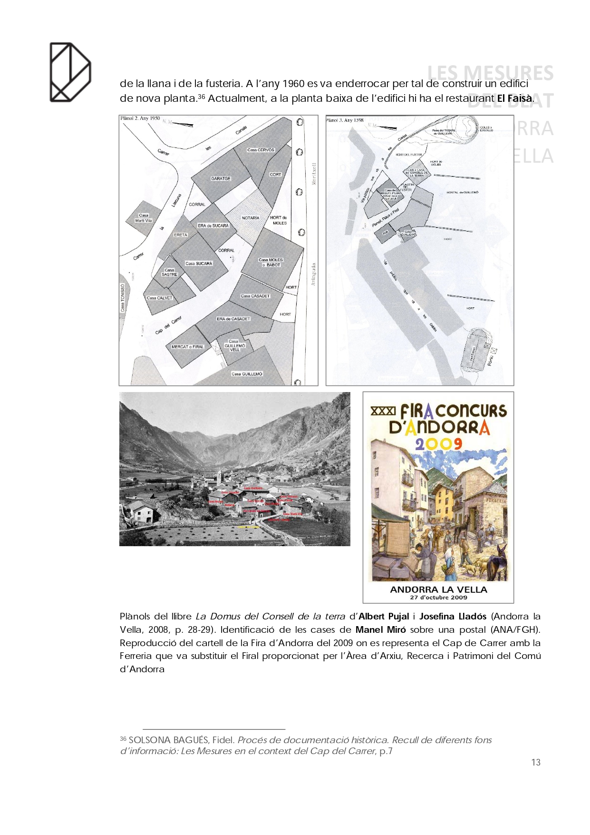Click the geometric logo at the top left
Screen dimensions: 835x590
click(x=70, y=72)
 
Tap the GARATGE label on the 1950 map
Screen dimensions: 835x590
click(x=221, y=178)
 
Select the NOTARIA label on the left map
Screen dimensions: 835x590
click(x=251, y=218)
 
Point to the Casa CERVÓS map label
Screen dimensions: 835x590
click(x=261, y=150)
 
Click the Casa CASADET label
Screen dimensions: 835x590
click(x=255, y=296)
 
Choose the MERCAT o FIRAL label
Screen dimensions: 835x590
click(x=187, y=347)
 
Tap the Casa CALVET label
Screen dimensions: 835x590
click(x=159, y=298)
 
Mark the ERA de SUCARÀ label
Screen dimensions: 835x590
click(x=213, y=226)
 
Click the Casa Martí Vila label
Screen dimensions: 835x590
click(x=144, y=218)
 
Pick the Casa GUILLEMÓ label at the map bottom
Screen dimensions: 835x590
click(x=247, y=374)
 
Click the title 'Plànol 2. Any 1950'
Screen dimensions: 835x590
click(x=140, y=118)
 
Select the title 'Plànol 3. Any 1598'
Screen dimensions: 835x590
click(x=345, y=120)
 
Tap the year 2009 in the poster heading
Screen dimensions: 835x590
click(x=438, y=444)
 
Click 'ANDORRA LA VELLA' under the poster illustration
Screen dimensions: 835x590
click(x=438, y=589)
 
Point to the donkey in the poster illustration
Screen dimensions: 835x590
click(x=496, y=561)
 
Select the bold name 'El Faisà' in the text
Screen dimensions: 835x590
click(x=514, y=98)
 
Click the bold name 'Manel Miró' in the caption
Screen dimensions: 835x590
click(x=380, y=629)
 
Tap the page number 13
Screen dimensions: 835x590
click(x=536, y=762)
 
